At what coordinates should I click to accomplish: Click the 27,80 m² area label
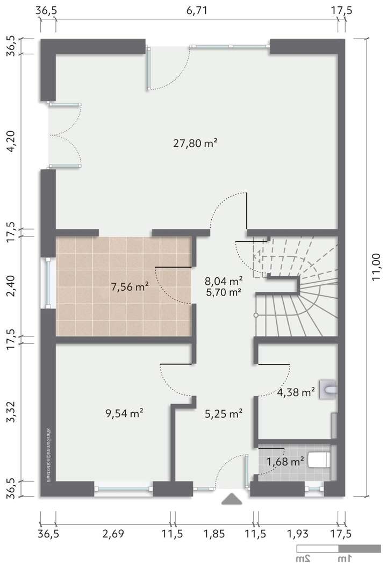point(195,143)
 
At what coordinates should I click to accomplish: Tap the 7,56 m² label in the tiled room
point(130,287)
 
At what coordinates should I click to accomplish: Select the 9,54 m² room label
point(124,413)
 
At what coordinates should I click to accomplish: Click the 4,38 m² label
point(296,392)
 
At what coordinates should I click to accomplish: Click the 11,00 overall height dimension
point(377,268)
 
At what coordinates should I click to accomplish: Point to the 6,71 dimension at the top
point(196,10)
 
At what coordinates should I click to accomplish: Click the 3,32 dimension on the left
point(10,412)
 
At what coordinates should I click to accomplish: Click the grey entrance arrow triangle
point(232,499)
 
